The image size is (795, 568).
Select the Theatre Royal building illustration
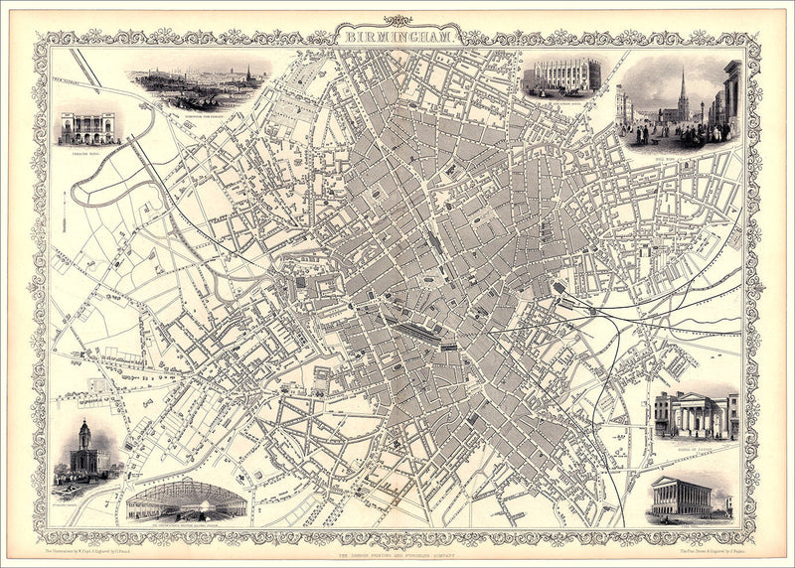(87, 127)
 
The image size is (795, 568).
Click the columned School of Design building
(696, 415)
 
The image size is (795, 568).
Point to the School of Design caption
(696, 444)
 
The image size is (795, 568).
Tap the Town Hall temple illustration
(682, 497)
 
